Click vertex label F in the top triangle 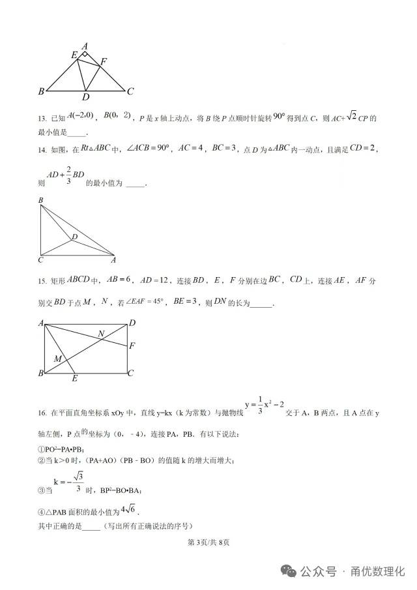tap(103, 62)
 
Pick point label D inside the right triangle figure tap(75, 237)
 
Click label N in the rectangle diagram tap(101, 334)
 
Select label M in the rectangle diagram tap(57, 359)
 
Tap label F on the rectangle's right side tap(132, 346)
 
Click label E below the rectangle tap(75, 379)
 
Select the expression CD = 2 tap(364, 148)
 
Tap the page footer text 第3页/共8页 tap(209, 542)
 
